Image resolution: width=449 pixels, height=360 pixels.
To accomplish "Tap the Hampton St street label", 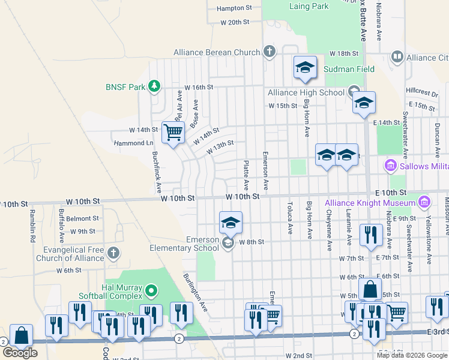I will (x=234, y=8).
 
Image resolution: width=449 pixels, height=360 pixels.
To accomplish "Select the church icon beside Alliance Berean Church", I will (x=269, y=52).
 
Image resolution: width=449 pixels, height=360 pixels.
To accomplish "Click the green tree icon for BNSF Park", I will (x=155, y=86).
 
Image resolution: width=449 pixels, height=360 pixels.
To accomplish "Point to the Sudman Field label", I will (x=349, y=69).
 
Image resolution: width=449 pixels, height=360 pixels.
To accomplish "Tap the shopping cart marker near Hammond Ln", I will (x=173, y=131).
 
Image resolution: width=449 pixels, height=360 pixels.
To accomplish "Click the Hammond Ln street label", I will (x=133, y=143).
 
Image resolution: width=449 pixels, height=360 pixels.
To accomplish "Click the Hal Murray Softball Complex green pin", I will (x=152, y=291).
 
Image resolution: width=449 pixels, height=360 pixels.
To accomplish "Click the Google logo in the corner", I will (x=20, y=353).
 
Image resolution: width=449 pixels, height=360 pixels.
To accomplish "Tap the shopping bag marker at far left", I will (x=22, y=336).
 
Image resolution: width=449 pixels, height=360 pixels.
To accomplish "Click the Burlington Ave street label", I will (x=196, y=292).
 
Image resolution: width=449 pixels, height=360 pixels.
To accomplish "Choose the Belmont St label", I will (x=83, y=218).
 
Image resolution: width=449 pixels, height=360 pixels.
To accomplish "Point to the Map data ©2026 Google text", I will (x=411, y=355).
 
